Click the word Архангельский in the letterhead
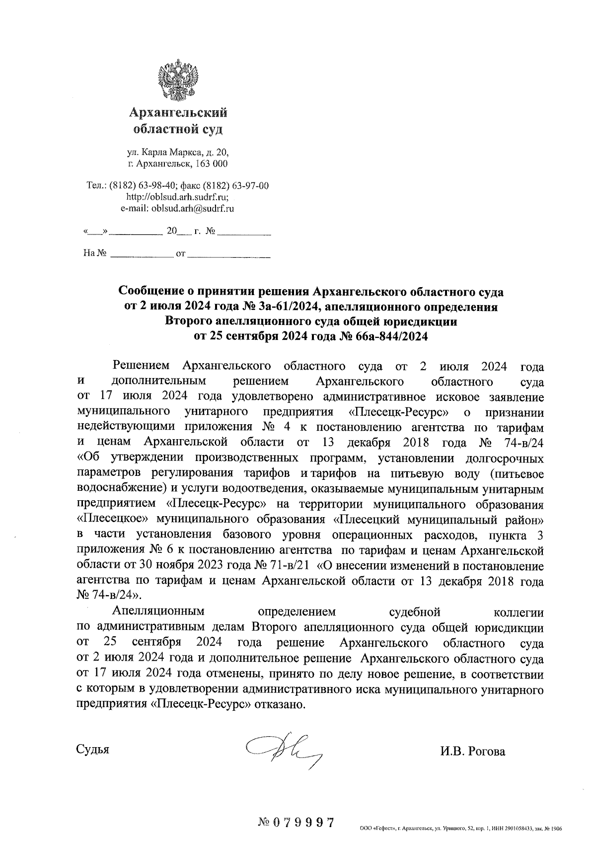178,113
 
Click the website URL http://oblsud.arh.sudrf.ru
176,197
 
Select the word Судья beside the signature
92,749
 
